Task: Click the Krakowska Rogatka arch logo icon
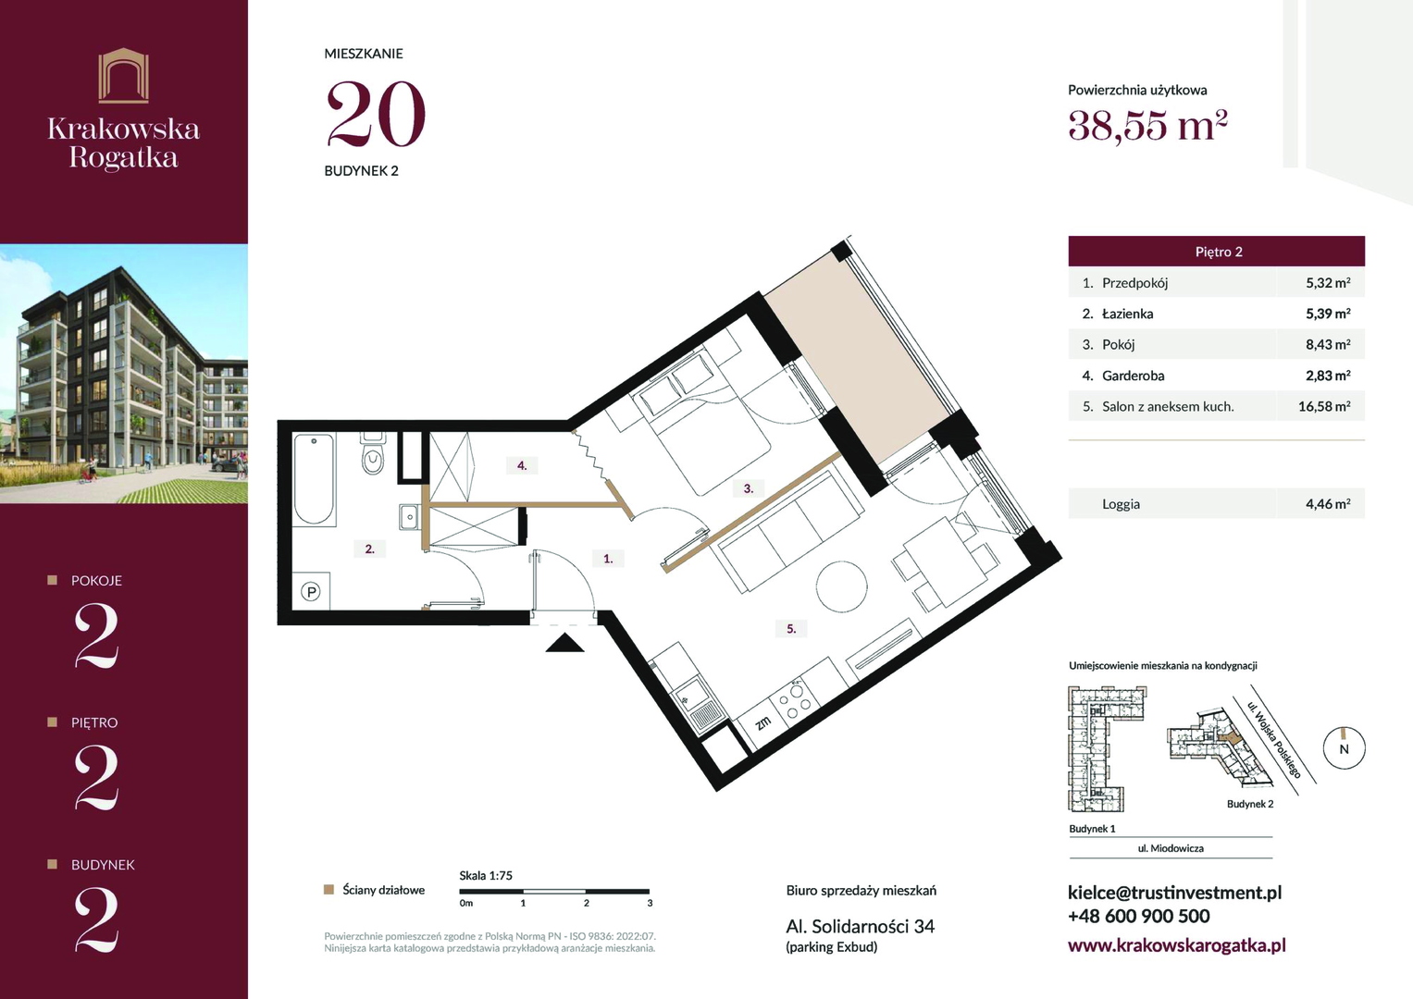(x=124, y=76)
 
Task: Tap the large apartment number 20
(x=376, y=114)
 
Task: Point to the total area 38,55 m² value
(x=1147, y=126)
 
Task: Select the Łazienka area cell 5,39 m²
(x=1328, y=314)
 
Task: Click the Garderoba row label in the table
(x=1133, y=376)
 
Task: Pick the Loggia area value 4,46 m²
(x=1328, y=504)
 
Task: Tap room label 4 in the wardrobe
(x=522, y=465)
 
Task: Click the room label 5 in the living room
(x=791, y=628)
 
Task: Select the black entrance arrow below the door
(x=564, y=643)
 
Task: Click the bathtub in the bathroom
(x=314, y=479)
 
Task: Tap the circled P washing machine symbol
(x=311, y=592)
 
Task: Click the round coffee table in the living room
(x=841, y=586)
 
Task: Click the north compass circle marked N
(x=1344, y=748)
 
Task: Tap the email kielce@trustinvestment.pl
(x=1174, y=893)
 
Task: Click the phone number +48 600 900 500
(x=1138, y=917)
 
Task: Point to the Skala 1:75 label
(x=486, y=875)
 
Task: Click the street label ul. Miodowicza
(x=1171, y=848)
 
